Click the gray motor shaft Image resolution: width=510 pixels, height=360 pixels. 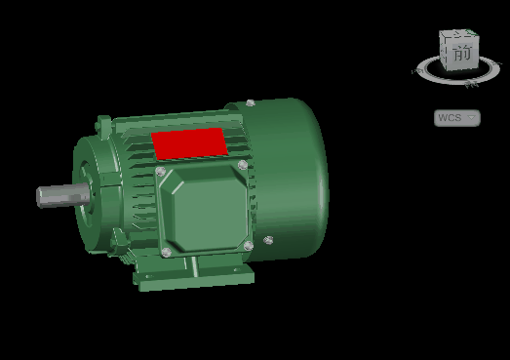click(x=63, y=195)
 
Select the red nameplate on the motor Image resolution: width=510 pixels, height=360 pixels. click(x=189, y=143)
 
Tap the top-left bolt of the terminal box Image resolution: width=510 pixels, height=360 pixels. click(x=160, y=171)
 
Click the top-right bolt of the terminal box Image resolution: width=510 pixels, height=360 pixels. click(x=243, y=165)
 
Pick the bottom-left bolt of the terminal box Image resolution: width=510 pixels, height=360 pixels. click(x=166, y=252)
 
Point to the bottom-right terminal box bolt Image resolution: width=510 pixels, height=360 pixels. click(x=248, y=246)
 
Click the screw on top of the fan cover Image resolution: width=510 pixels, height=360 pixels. click(x=250, y=103)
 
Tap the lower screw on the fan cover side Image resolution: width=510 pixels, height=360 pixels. click(x=268, y=240)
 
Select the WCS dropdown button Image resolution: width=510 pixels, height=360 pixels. click(x=457, y=118)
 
